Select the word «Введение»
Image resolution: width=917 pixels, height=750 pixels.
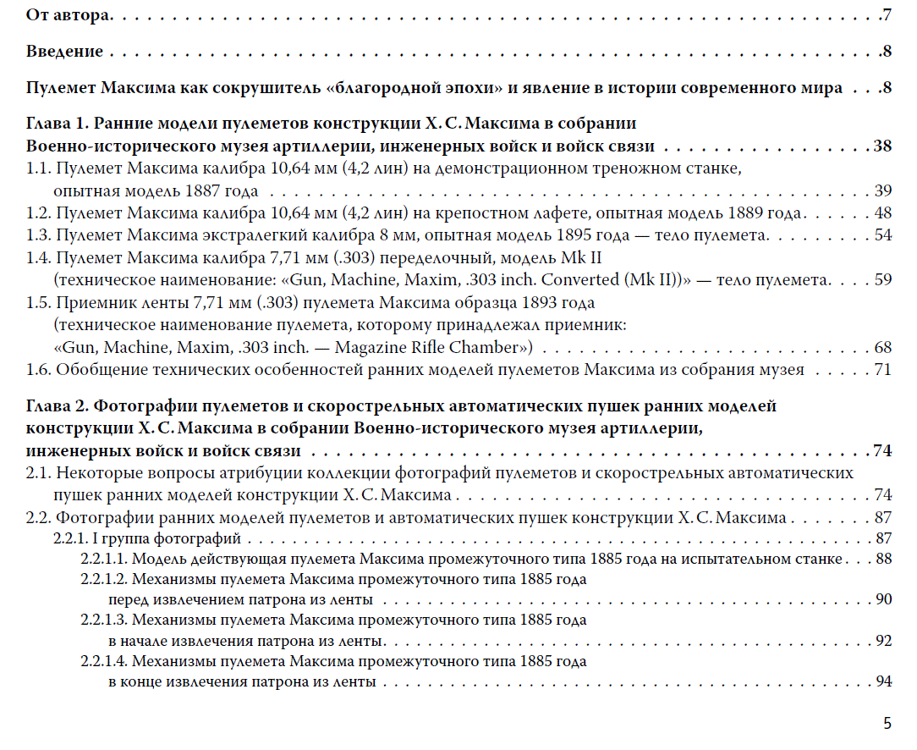click(x=64, y=52)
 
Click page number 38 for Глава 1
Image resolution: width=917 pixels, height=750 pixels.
click(x=882, y=146)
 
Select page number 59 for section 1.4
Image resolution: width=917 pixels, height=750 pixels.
click(x=883, y=278)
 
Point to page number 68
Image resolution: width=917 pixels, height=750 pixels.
click(x=883, y=347)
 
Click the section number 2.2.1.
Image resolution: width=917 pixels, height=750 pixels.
click(x=72, y=538)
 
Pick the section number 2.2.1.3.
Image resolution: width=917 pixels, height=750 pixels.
click(x=103, y=620)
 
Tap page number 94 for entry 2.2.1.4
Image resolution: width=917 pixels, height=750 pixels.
click(x=884, y=681)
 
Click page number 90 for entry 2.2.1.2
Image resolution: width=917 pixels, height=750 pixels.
click(x=884, y=600)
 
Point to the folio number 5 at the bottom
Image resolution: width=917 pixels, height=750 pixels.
click(x=887, y=723)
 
